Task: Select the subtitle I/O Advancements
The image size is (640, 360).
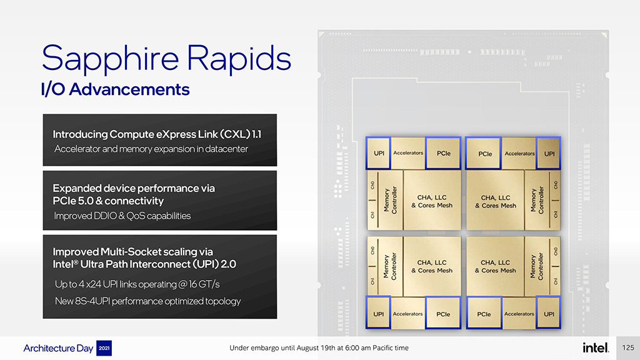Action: tap(115, 89)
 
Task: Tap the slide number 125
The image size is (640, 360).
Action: tap(627, 347)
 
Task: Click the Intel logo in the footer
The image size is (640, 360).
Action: tap(596, 347)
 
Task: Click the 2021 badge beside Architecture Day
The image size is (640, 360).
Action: tap(104, 348)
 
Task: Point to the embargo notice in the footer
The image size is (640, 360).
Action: tap(319, 347)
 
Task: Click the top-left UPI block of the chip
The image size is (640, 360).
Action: tap(379, 153)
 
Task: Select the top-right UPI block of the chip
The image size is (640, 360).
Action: tap(549, 154)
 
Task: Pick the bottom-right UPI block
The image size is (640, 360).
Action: tap(549, 314)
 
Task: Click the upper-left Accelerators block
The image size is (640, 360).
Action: tap(408, 153)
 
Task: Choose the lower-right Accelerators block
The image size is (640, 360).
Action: tap(519, 314)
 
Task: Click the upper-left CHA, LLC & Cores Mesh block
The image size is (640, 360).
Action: tap(432, 201)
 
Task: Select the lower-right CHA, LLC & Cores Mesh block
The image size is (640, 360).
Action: tap(495, 266)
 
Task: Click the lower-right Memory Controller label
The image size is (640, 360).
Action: tap(537, 266)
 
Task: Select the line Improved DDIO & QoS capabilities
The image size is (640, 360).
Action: tap(122, 216)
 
